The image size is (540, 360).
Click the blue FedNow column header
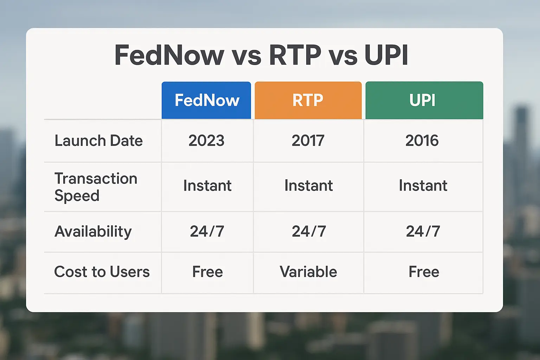(x=206, y=101)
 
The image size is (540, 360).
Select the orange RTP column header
(x=308, y=101)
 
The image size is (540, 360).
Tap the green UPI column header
(x=424, y=101)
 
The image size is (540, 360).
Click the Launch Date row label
(x=98, y=141)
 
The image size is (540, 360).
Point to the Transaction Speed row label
(x=96, y=187)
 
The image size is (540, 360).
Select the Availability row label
(x=93, y=232)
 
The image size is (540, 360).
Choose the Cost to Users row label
(x=102, y=272)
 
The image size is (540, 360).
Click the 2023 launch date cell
(x=206, y=141)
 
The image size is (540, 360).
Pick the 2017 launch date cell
(x=308, y=141)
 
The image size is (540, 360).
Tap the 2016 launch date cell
(x=422, y=141)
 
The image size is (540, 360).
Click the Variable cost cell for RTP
(x=308, y=272)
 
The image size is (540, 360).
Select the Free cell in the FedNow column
(x=207, y=272)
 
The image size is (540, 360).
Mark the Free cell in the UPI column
(x=424, y=272)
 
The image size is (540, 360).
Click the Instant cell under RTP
(x=308, y=186)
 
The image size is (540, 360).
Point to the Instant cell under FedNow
(x=207, y=186)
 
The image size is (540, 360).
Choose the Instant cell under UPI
(x=423, y=186)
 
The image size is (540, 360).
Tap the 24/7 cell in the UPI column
(x=423, y=232)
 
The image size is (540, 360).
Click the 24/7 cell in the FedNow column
(x=207, y=232)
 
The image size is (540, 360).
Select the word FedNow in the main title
(x=169, y=55)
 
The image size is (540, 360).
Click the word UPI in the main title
(x=386, y=55)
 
